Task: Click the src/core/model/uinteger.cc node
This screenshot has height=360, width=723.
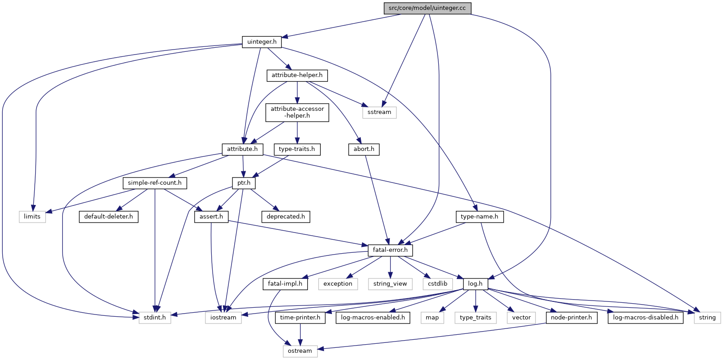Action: tap(427, 8)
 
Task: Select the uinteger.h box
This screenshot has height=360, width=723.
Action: tap(262, 42)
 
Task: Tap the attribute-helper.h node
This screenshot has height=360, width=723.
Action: tap(297, 76)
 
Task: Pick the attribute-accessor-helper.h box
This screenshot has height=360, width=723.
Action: tap(297, 112)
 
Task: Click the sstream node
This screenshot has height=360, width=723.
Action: tap(379, 112)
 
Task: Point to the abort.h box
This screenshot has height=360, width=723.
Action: tap(364, 150)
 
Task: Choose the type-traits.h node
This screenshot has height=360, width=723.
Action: tap(297, 150)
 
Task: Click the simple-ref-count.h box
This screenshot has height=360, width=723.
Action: tap(155, 183)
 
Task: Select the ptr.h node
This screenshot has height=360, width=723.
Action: tap(244, 183)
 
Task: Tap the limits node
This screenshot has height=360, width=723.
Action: tap(32, 217)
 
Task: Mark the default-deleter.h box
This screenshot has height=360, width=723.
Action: tap(109, 217)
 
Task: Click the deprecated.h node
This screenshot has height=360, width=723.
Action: tap(286, 217)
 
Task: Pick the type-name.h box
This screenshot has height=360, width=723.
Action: tap(480, 217)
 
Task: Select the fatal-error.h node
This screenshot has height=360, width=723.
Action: tap(390, 250)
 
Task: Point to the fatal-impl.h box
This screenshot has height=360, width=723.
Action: tap(285, 284)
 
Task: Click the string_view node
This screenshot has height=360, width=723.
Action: tap(390, 284)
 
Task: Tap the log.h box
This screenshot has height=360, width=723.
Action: tap(475, 284)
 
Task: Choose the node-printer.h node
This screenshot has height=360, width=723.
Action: tap(571, 318)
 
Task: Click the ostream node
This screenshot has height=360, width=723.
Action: tap(300, 351)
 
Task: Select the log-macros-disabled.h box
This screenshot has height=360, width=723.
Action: tap(646, 318)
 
